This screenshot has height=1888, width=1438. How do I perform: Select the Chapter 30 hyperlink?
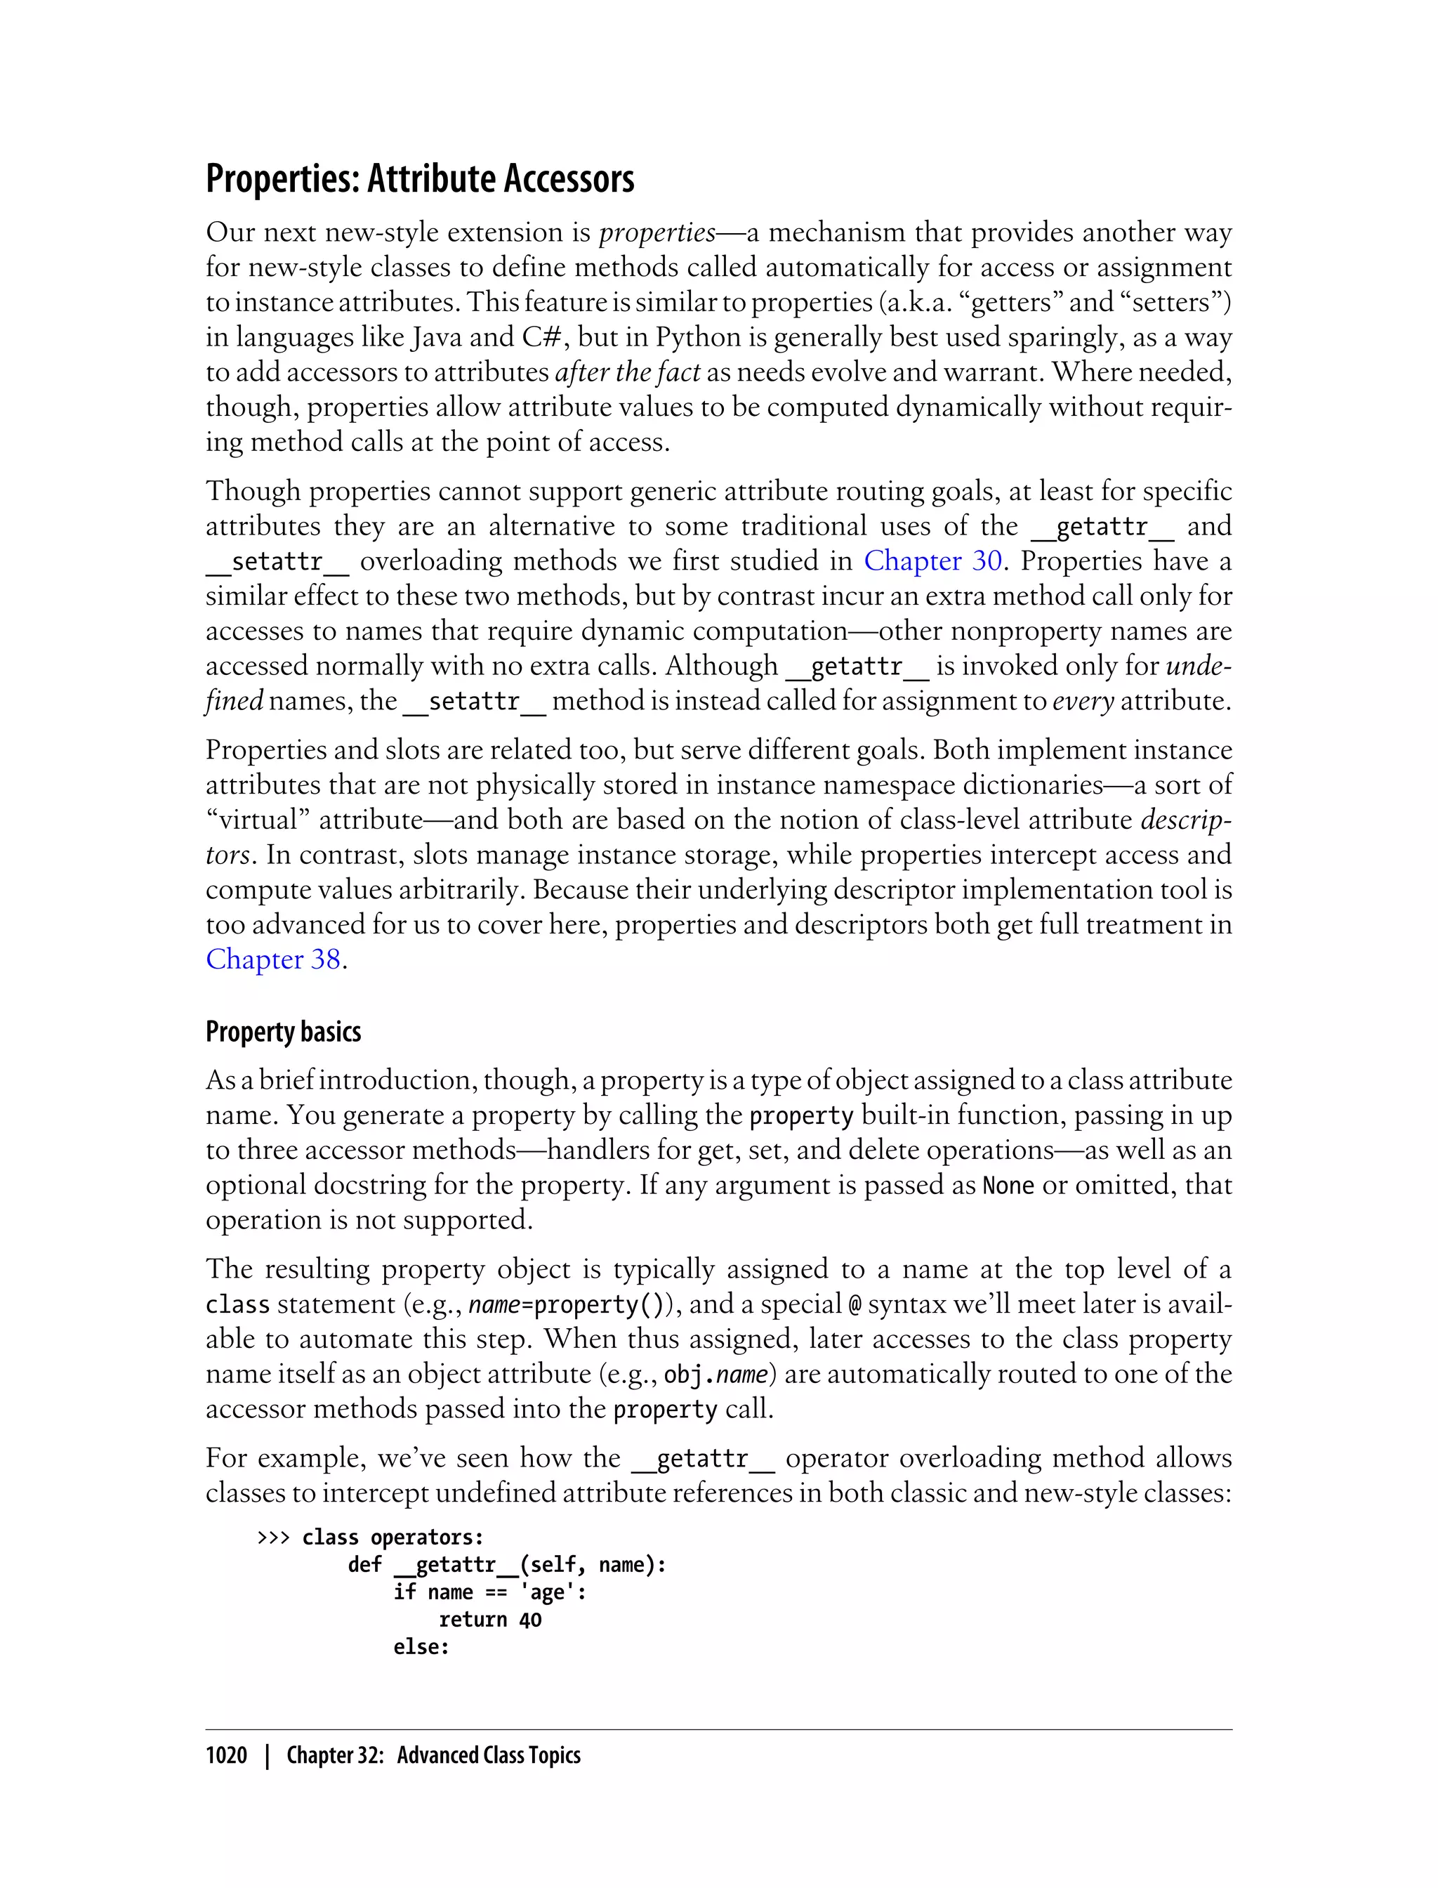tap(932, 560)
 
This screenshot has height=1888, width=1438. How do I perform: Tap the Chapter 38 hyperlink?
tap(273, 959)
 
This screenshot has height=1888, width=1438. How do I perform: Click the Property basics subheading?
tap(284, 1032)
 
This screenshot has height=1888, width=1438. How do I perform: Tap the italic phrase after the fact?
tap(628, 372)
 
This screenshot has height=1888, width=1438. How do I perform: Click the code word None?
tap(1008, 1186)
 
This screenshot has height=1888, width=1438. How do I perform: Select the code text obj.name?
tap(715, 1375)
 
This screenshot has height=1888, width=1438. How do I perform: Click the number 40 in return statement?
tap(530, 1620)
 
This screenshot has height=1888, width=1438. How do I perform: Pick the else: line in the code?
tap(421, 1647)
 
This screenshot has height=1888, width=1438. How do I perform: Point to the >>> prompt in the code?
tap(273, 1537)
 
